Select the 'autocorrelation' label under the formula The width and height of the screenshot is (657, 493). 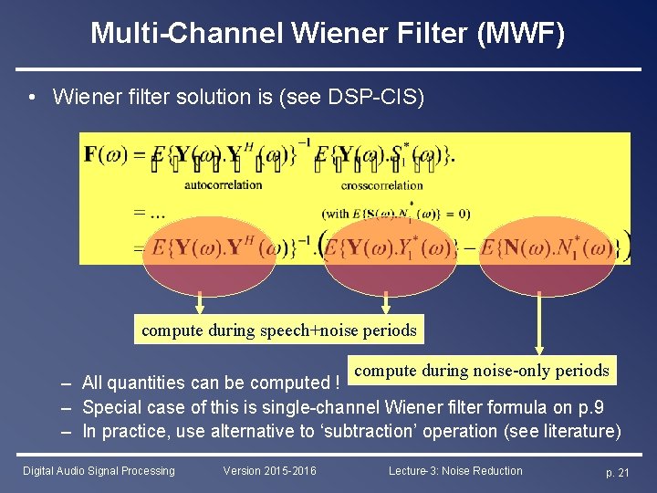click(223, 184)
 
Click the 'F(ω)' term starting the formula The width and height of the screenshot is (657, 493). click(103, 153)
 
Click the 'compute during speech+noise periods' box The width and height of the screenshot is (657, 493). click(278, 330)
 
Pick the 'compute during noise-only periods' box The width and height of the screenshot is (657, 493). click(481, 370)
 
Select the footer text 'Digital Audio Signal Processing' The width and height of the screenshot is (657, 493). click(99, 471)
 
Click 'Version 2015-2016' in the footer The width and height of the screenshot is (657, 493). click(269, 471)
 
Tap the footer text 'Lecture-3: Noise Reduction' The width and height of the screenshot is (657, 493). click(455, 471)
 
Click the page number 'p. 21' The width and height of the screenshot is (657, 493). click(618, 472)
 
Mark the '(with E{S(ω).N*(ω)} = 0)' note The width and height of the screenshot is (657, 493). click(396, 214)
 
